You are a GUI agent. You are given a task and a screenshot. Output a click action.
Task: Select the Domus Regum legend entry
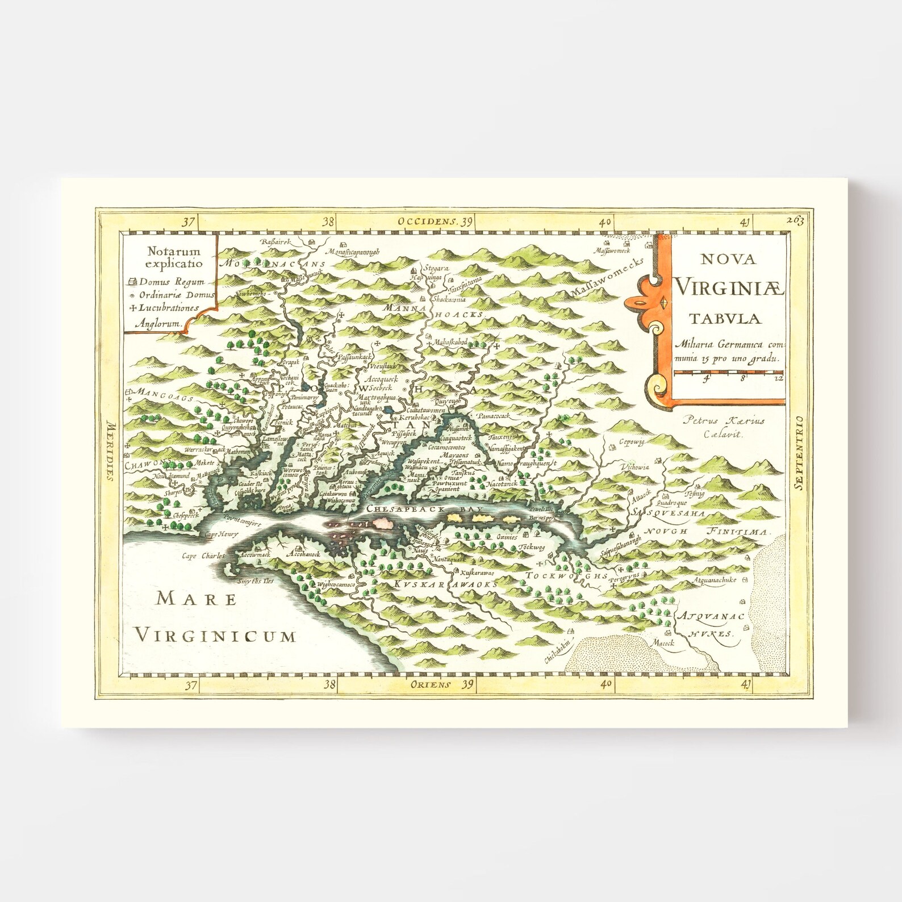[x=166, y=282]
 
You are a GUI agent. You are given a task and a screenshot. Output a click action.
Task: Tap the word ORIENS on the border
[x=429, y=684]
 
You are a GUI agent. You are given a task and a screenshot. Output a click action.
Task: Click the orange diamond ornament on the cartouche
[x=662, y=302]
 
